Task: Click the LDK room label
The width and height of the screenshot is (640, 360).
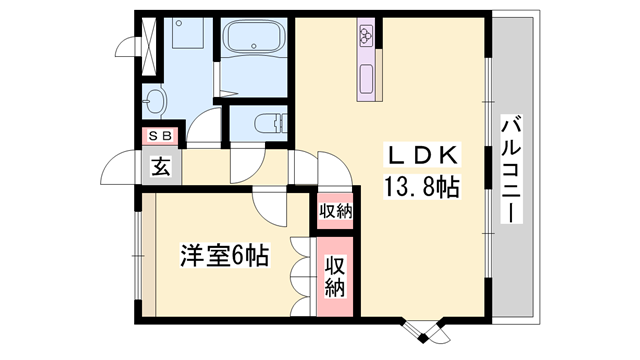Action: click(421, 156)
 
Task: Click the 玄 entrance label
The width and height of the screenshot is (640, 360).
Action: click(161, 168)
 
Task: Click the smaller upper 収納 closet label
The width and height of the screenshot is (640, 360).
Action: click(336, 211)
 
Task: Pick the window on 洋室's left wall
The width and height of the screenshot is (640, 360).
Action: click(137, 256)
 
